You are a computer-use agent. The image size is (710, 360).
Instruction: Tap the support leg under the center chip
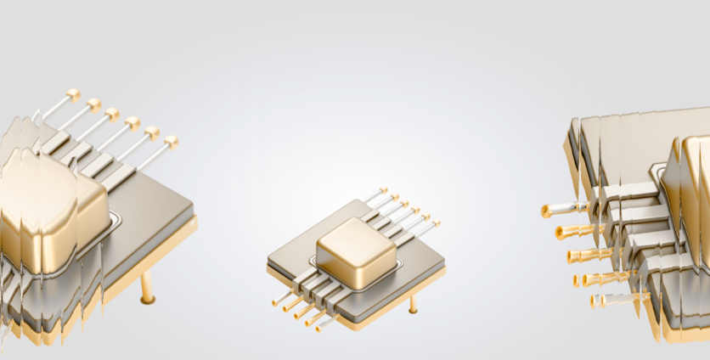(x=414, y=304)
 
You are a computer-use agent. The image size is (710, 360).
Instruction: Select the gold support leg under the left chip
(x=149, y=289)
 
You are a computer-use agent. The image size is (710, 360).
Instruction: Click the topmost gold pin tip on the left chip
(x=73, y=93)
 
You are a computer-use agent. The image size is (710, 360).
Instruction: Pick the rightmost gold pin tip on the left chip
(x=171, y=141)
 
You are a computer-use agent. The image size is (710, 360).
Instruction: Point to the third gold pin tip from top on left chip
(x=112, y=114)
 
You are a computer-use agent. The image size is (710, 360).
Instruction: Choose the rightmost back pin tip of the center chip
(x=437, y=223)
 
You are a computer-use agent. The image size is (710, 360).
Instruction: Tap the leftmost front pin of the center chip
(x=275, y=301)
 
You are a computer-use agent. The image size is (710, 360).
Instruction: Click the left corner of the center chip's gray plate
(x=268, y=259)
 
